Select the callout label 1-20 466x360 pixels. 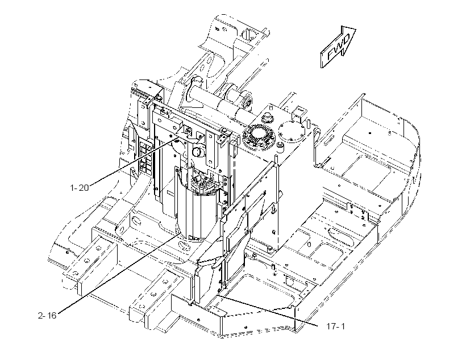[x=80, y=188]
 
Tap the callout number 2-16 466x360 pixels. [x=47, y=316]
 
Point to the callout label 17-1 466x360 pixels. [x=336, y=326]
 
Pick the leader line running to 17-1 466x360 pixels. [x=270, y=310]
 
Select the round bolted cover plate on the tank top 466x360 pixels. [x=292, y=131]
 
